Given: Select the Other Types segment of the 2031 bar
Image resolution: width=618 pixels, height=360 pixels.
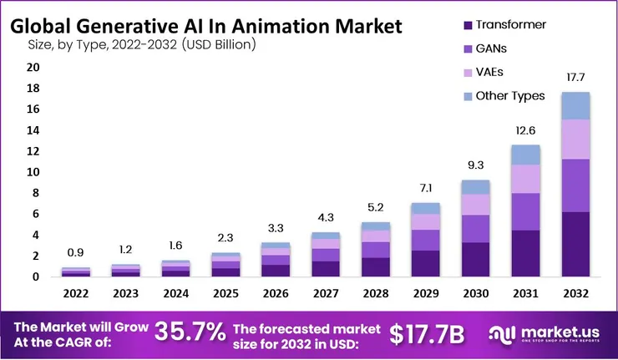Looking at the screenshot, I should coord(525,155).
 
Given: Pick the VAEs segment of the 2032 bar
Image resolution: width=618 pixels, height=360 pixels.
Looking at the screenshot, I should coord(575,139).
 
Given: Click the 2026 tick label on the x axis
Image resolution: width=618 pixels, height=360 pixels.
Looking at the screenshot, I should coord(275,293).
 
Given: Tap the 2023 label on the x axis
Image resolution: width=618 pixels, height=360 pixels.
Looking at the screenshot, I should coord(126,293).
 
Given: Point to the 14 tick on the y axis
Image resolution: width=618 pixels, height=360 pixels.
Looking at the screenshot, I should coord(33,130).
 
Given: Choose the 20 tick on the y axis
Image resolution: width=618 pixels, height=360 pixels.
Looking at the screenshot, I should coord(33,67).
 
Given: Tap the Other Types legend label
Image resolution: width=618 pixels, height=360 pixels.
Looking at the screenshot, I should coord(509,96).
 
